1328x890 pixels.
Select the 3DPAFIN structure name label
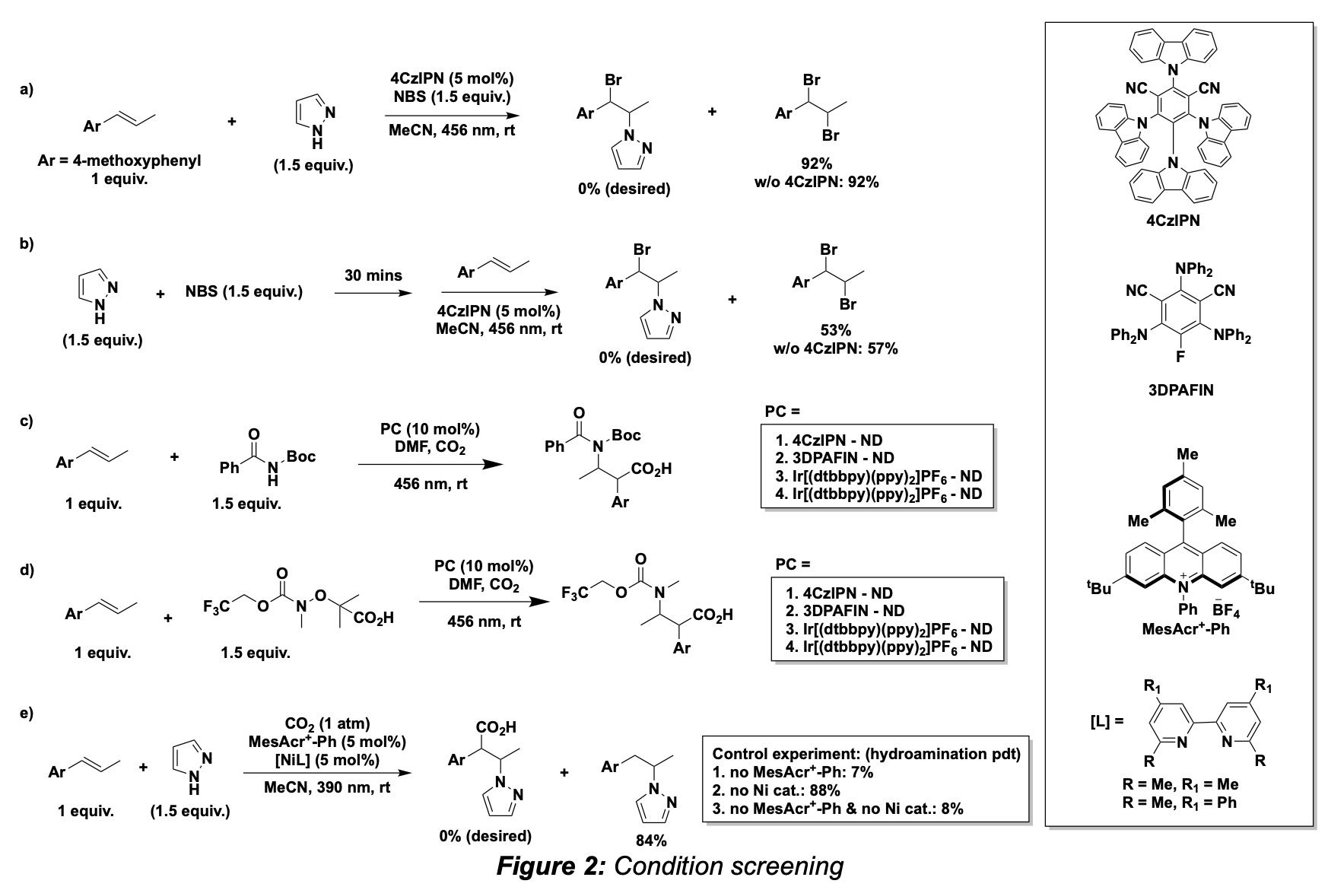(1180, 390)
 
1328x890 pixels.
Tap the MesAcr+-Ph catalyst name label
(1186, 629)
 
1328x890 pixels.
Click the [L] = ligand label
(1107, 720)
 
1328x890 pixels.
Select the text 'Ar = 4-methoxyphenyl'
(119, 161)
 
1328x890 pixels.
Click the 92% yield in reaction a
(816, 164)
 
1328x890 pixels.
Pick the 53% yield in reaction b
(835, 330)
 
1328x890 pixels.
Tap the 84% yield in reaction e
(651, 841)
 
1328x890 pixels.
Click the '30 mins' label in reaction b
(373, 275)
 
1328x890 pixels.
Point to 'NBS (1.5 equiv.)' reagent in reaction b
(243, 292)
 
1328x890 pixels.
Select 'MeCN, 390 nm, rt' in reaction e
(327, 787)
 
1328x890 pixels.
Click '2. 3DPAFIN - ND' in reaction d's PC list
(839, 611)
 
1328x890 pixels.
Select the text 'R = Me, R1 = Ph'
(1180, 803)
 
